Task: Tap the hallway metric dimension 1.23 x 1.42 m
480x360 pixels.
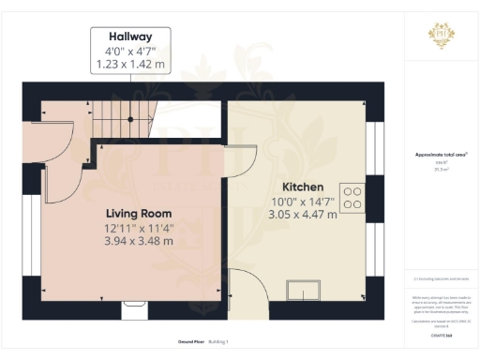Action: (x=130, y=65)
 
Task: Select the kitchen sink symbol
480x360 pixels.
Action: (x=306, y=290)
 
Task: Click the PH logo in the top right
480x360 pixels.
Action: (x=442, y=35)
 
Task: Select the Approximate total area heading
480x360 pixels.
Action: (x=442, y=155)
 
